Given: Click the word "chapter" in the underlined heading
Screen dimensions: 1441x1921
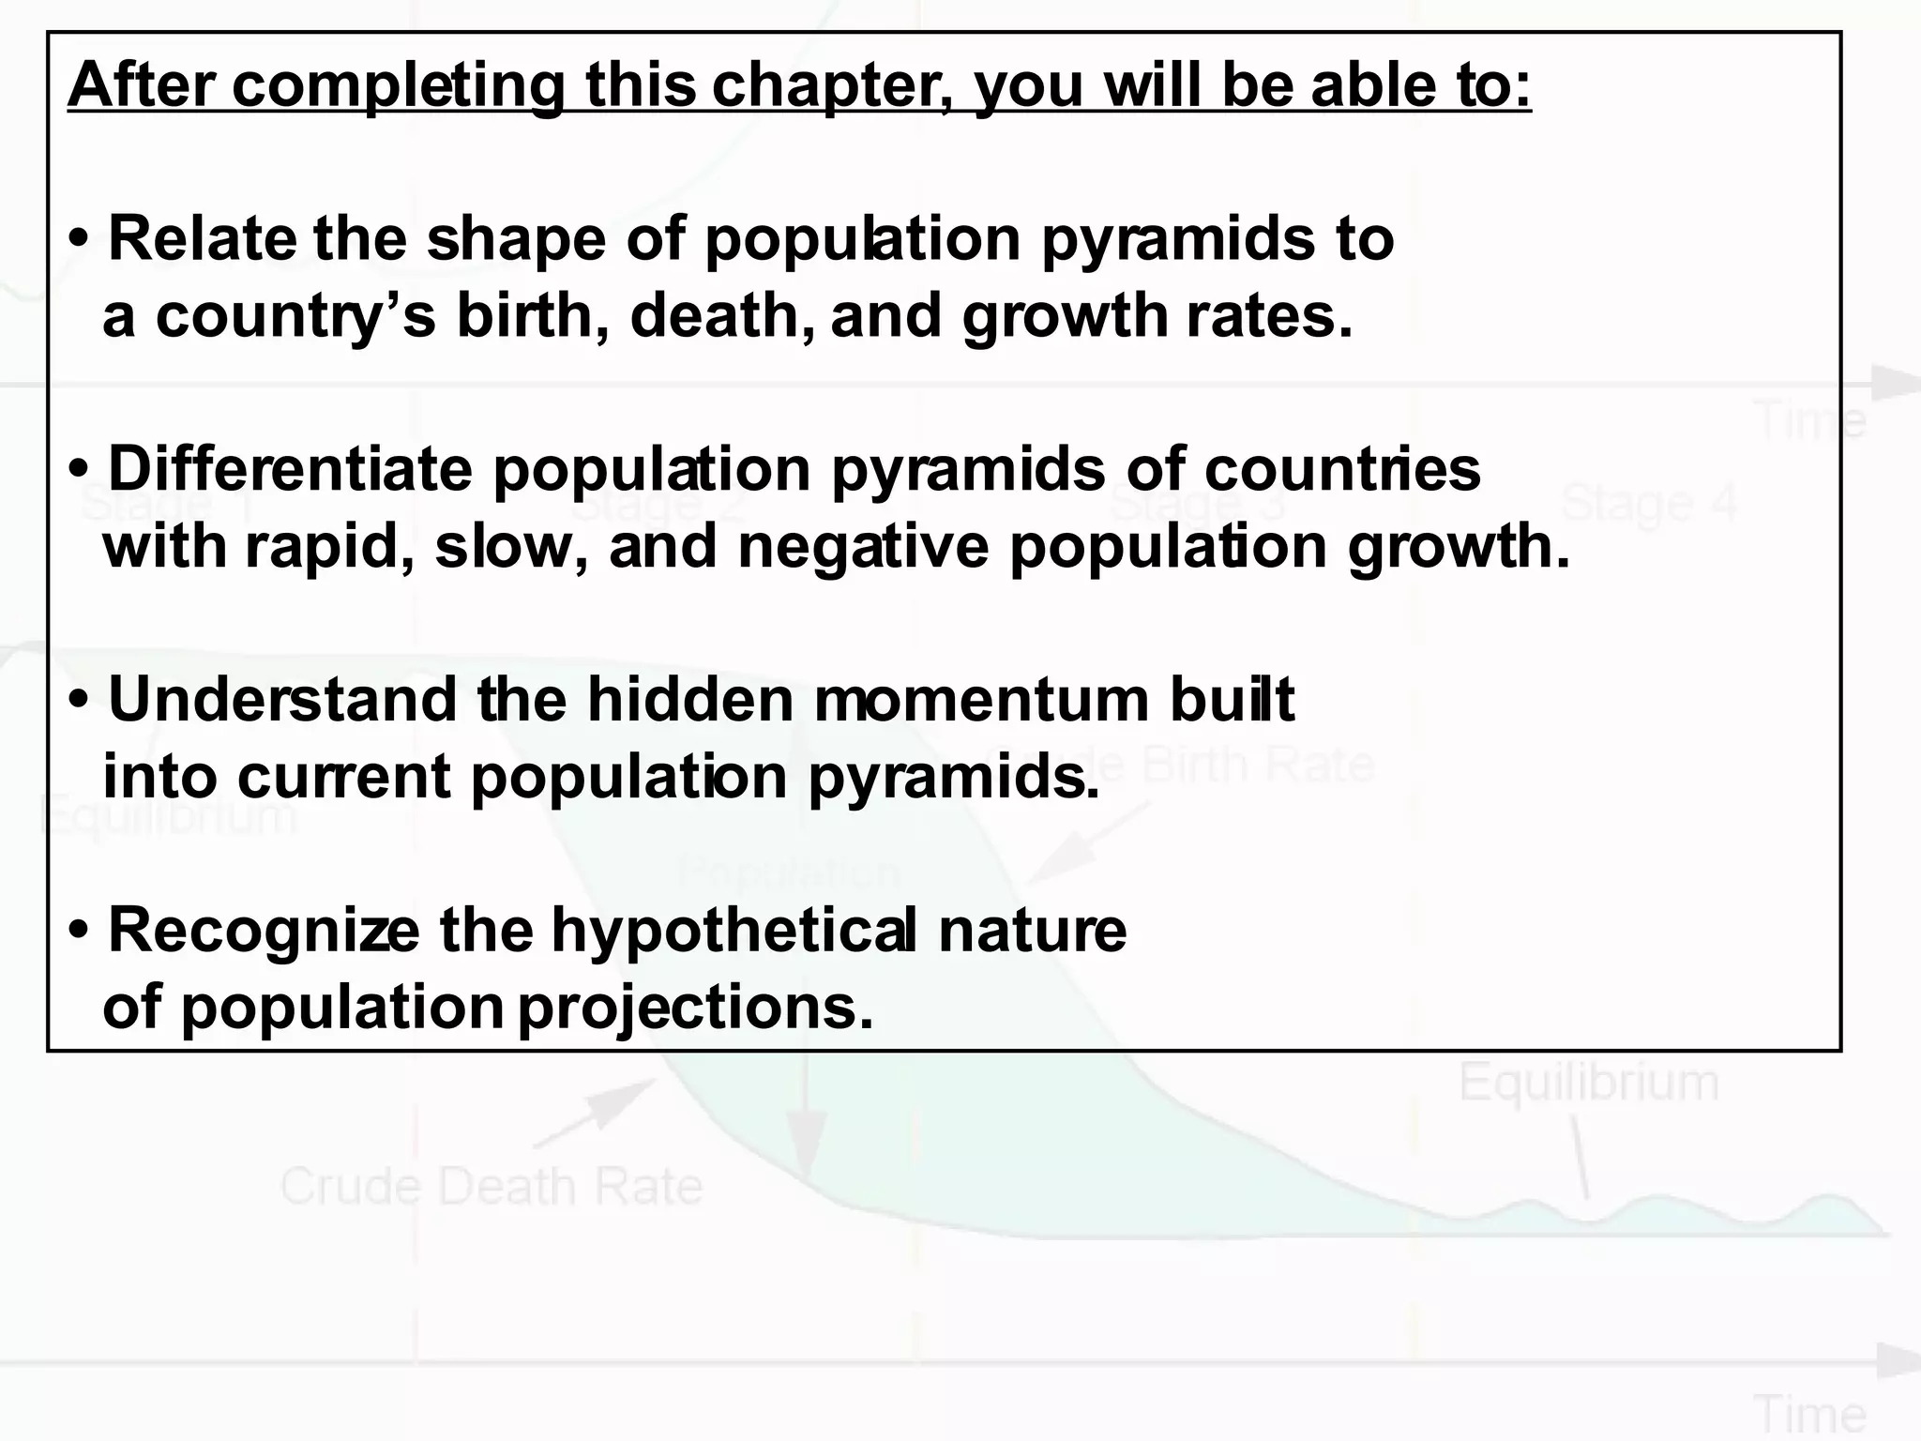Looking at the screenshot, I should [830, 86].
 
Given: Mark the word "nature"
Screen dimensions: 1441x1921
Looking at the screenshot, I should [1032, 931].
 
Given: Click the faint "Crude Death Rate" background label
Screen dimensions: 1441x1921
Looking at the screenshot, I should [492, 1186].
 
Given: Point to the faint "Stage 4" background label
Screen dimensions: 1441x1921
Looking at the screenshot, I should [1648, 504].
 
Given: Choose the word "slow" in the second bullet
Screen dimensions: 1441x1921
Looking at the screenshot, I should [503, 547].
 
